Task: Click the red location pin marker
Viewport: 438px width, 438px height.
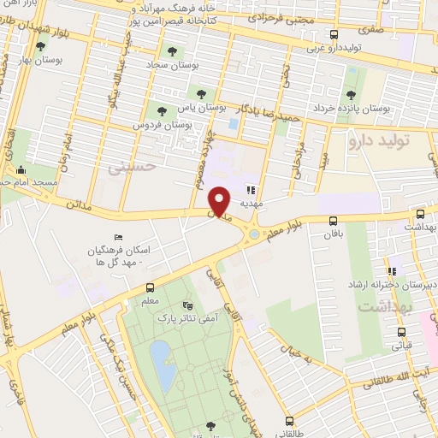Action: tap(220, 201)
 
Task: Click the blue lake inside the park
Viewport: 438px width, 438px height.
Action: tap(160, 355)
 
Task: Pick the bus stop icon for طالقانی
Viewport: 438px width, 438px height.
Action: tap(288, 420)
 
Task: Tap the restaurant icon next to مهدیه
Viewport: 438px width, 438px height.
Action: tap(251, 191)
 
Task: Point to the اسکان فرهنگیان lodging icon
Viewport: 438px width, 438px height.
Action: tap(118, 239)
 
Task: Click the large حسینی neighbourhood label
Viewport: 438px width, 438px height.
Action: tap(133, 169)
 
